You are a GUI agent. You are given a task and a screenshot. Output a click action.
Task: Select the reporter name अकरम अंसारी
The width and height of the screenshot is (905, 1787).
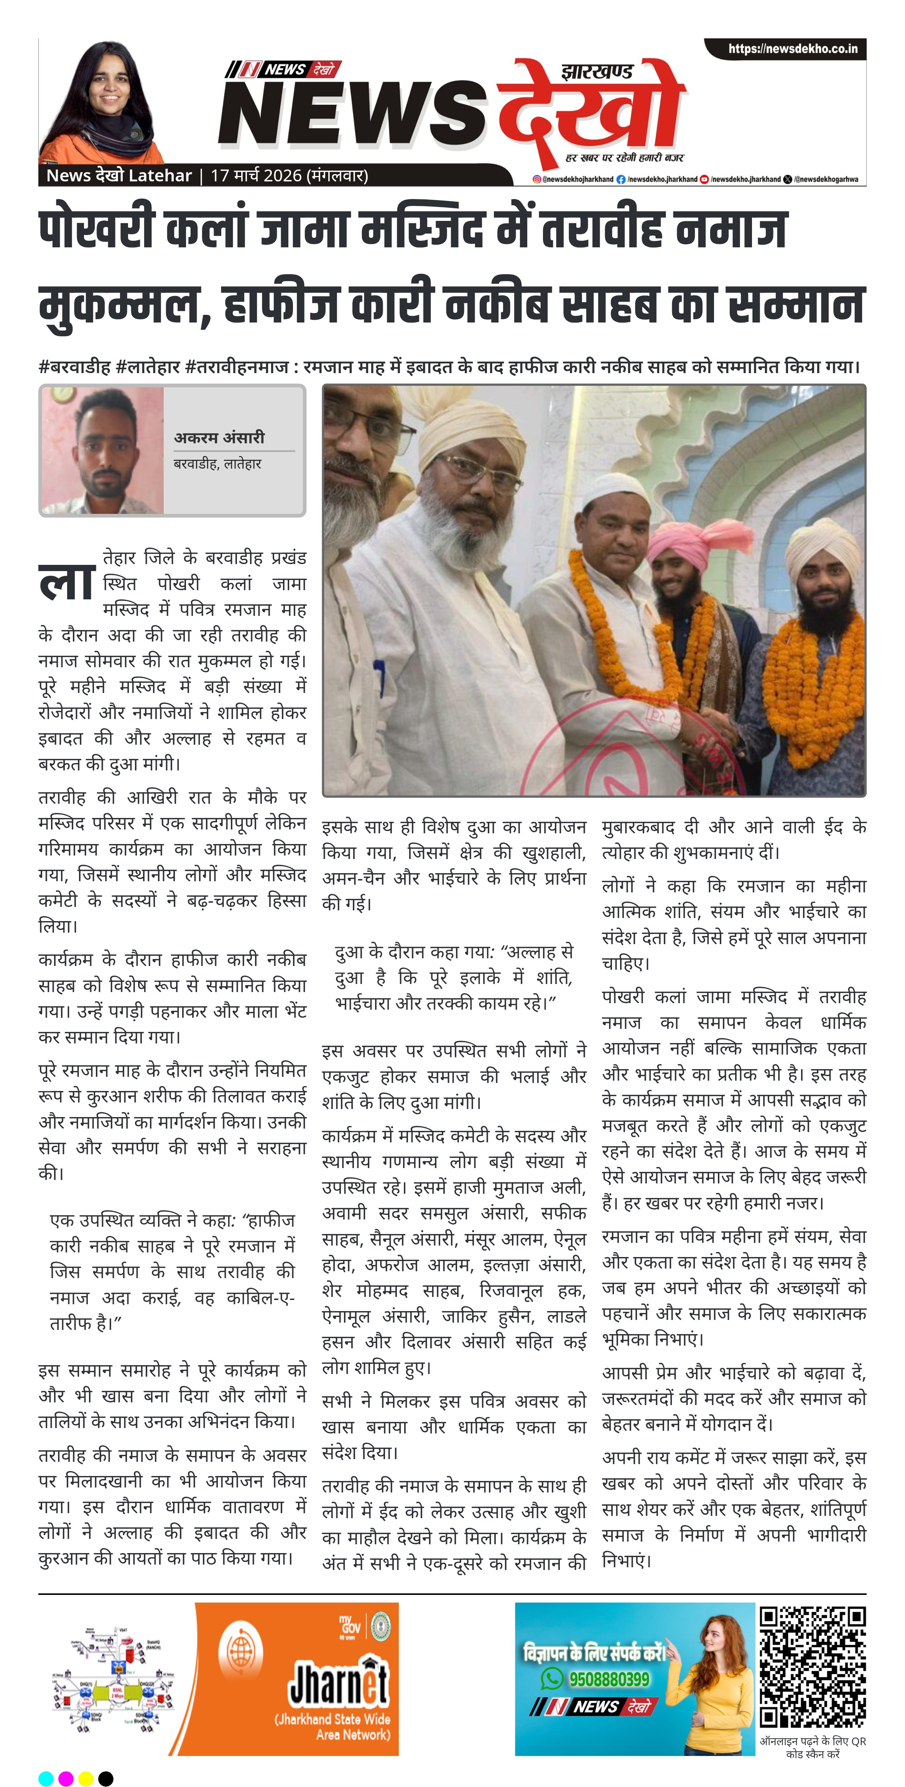(219, 437)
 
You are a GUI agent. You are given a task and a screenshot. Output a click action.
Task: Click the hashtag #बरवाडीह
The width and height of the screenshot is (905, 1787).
(75, 366)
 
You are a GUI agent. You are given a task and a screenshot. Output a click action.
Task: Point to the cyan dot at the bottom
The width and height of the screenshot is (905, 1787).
(46, 1778)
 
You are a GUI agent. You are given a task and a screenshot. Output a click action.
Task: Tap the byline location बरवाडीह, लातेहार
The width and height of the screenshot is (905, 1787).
(217, 463)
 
